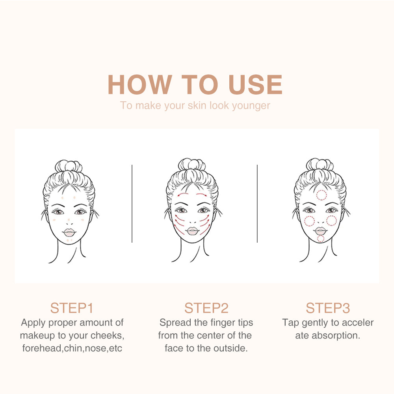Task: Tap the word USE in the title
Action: tap(256, 84)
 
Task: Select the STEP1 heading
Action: tap(72, 308)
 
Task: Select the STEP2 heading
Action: tap(206, 308)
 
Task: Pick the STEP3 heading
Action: tap(328, 308)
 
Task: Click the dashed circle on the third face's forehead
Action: tap(322, 194)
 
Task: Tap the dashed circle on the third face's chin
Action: tap(321, 238)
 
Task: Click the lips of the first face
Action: tap(69, 231)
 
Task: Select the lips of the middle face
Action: tap(192, 231)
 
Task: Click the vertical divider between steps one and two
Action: tap(132, 203)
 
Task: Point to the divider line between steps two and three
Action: tap(257, 203)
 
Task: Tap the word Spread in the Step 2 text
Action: tap(175, 323)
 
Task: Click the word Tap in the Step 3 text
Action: tap(291, 323)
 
